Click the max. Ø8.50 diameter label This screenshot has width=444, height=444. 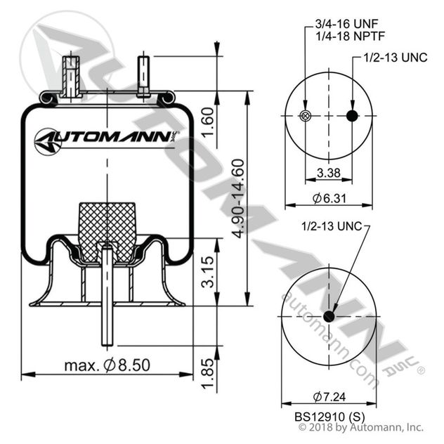[x=107, y=366]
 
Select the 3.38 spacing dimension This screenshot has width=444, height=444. [x=329, y=173]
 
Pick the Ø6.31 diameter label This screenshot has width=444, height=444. [x=329, y=197]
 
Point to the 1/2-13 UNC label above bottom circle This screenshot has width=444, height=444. [x=329, y=226]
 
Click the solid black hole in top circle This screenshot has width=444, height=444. [x=353, y=116]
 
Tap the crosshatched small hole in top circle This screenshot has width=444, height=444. [x=305, y=116]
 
